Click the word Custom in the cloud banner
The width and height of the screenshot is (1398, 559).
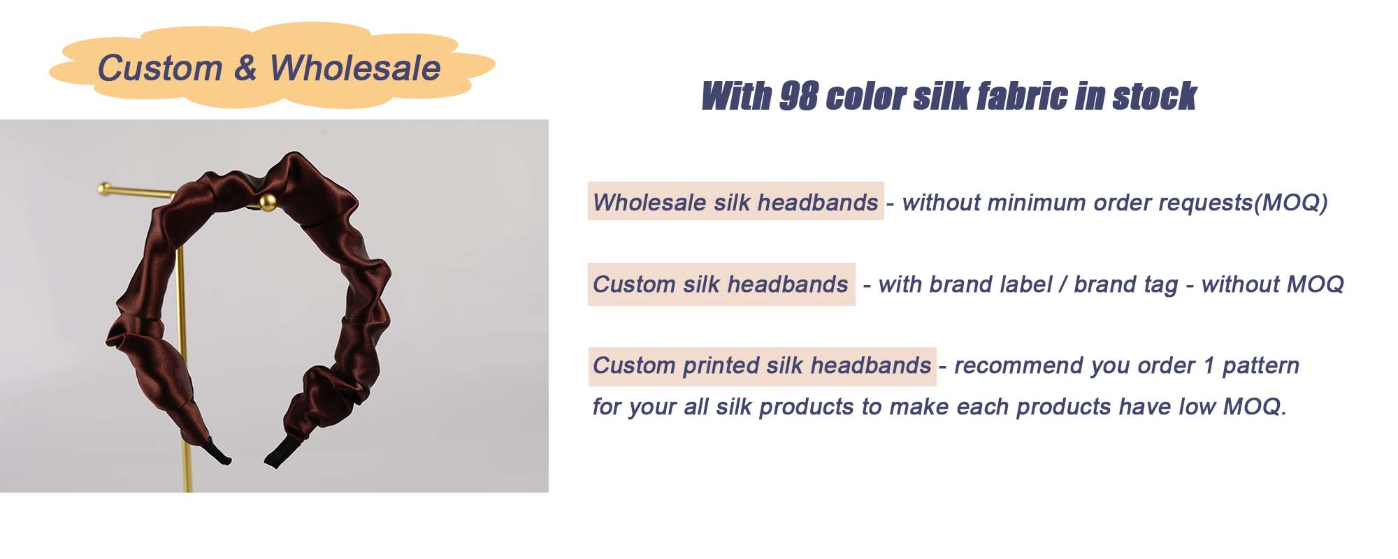[x=160, y=68]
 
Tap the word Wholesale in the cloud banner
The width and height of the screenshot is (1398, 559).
[x=355, y=68]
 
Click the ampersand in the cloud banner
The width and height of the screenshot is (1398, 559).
[x=245, y=68]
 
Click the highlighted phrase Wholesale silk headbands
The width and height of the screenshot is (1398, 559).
[x=735, y=202]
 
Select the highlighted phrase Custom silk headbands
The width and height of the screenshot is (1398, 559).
[x=721, y=284]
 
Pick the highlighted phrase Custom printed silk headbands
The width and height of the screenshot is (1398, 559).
[x=762, y=365]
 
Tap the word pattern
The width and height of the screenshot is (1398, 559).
[x=1261, y=365]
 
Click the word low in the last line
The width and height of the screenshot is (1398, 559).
[x=1197, y=407]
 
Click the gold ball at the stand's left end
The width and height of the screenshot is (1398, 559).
[x=105, y=188]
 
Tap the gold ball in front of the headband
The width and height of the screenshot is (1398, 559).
[x=267, y=203]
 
